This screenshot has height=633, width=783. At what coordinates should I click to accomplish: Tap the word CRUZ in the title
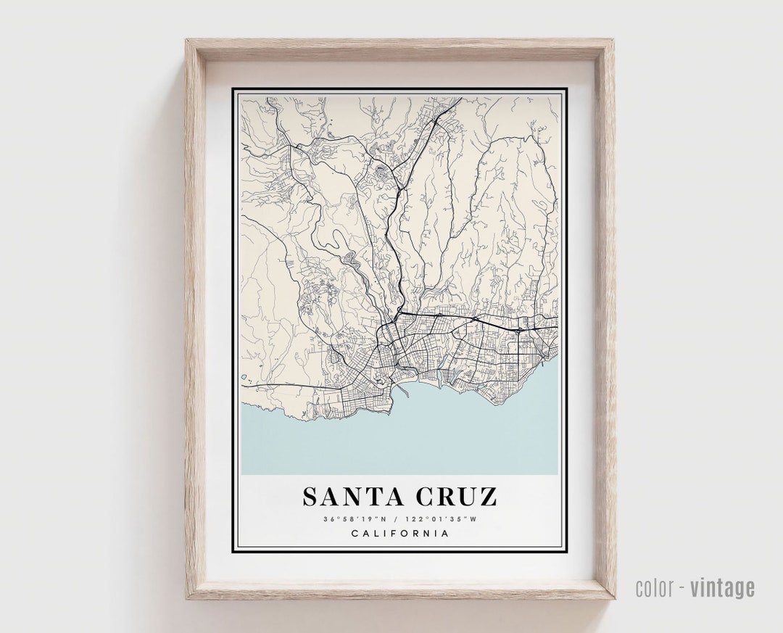(x=456, y=497)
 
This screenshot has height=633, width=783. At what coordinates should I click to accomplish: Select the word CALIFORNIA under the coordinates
(x=399, y=534)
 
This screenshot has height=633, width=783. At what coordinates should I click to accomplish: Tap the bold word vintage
(x=722, y=587)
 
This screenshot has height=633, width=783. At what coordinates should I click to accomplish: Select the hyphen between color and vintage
(x=681, y=588)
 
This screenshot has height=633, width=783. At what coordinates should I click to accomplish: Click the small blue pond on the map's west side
(x=245, y=377)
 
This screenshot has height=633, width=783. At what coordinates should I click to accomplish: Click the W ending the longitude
(x=475, y=518)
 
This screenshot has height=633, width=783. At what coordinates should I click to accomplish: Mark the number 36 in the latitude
(x=329, y=518)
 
